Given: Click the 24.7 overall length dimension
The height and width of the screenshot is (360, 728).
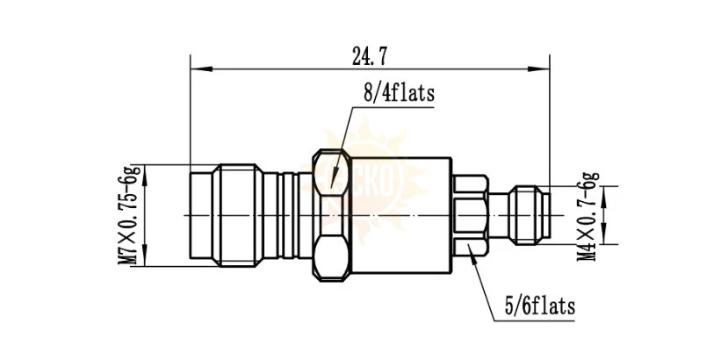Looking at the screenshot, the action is (370, 57).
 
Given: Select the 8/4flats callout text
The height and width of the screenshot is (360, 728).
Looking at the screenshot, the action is (399, 93).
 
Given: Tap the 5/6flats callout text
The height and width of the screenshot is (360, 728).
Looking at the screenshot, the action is (539, 306).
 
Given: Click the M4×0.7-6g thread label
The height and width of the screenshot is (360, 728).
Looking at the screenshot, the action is (587, 216).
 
